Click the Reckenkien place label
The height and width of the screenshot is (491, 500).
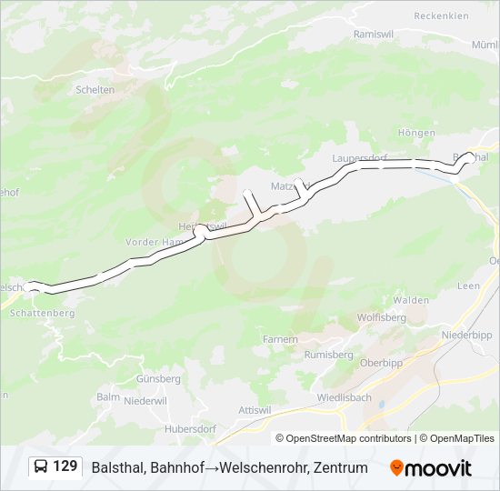(x=441, y=15)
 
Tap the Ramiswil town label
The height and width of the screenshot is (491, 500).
(x=372, y=33)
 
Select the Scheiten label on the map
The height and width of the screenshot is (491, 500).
(x=95, y=89)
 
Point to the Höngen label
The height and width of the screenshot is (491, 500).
(x=416, y=133)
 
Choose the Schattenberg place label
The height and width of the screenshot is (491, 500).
(x=41, y=313)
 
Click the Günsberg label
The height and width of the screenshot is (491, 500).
(x=158, y=378)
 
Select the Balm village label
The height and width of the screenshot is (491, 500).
(x=107, y=397)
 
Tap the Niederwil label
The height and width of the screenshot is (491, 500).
(x=145, y=400)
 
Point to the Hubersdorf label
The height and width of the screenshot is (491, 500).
(x=190, y=428)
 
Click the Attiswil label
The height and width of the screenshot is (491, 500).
(x=255, y=410)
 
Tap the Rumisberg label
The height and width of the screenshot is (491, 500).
(x=328, y=355)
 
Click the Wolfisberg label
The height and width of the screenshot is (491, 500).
(x=381, y=318)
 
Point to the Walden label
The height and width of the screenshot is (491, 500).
(x=411, y=299)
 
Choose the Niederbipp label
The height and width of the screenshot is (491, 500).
(x=466, y=335)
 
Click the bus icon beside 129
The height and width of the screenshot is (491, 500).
(x=41, y=466)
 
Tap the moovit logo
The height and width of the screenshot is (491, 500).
(x=431, y=467)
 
